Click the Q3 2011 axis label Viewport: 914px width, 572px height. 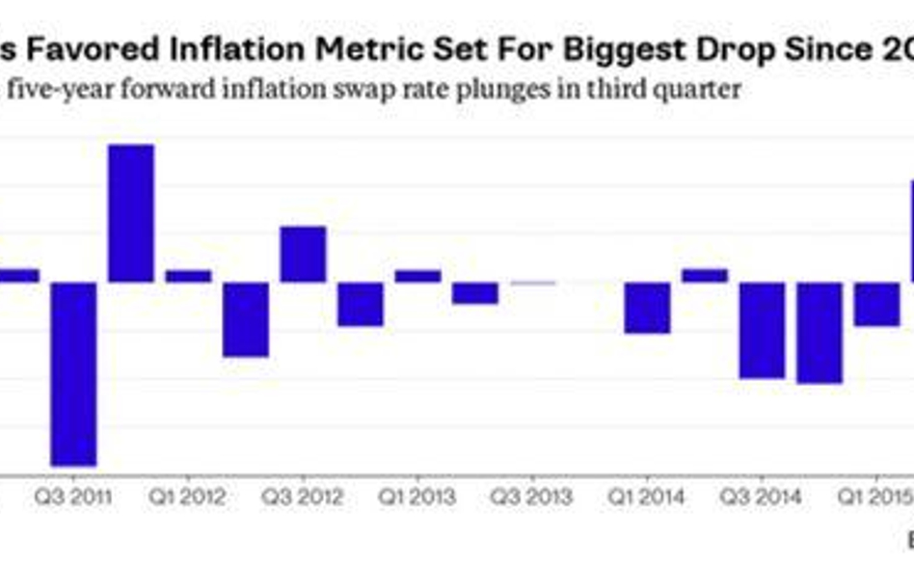73,498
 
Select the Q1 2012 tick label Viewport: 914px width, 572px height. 188,498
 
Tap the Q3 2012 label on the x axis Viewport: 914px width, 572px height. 303,498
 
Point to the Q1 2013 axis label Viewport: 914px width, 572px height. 417,498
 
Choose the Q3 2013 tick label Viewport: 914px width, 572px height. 532,498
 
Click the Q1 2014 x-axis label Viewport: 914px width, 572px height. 647,498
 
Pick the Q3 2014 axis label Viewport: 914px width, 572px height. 762,498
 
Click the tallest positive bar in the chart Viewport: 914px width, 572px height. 131,213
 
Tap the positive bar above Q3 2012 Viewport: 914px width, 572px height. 303,254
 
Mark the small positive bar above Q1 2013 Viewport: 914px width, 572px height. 417,276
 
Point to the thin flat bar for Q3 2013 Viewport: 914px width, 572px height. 533,283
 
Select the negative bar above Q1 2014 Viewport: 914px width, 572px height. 647,308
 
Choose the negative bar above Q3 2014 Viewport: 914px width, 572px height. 762,330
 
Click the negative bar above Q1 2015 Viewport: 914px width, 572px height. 876,304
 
